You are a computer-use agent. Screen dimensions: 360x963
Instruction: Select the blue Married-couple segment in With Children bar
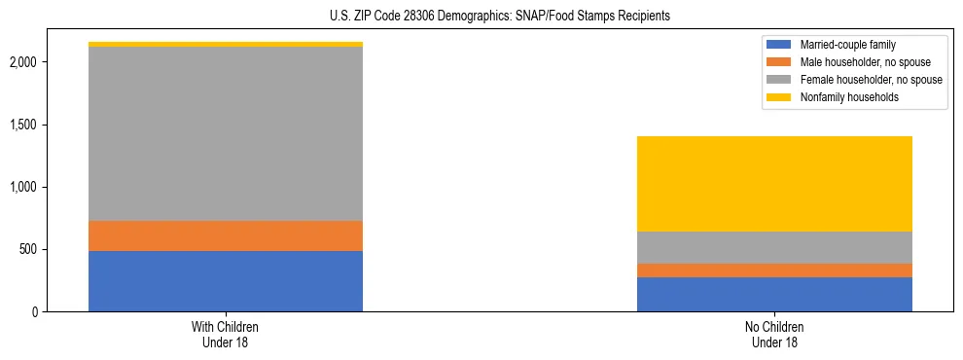226,281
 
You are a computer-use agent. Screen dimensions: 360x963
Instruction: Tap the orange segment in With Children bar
226,235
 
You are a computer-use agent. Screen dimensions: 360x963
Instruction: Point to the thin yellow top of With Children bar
226,44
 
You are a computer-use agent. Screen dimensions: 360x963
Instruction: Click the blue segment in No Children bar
774,294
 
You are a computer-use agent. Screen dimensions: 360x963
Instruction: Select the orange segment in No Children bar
774,270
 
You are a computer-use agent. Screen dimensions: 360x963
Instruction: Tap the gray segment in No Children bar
774,247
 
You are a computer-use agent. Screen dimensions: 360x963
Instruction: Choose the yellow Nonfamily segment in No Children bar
774,184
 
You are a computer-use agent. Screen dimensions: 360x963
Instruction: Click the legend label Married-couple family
848,45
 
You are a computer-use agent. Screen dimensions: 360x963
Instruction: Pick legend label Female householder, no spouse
871,80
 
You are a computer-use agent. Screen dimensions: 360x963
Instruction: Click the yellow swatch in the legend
779,97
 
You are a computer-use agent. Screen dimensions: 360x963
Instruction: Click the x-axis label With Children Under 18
226,335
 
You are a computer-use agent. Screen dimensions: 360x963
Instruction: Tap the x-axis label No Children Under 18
774,335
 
